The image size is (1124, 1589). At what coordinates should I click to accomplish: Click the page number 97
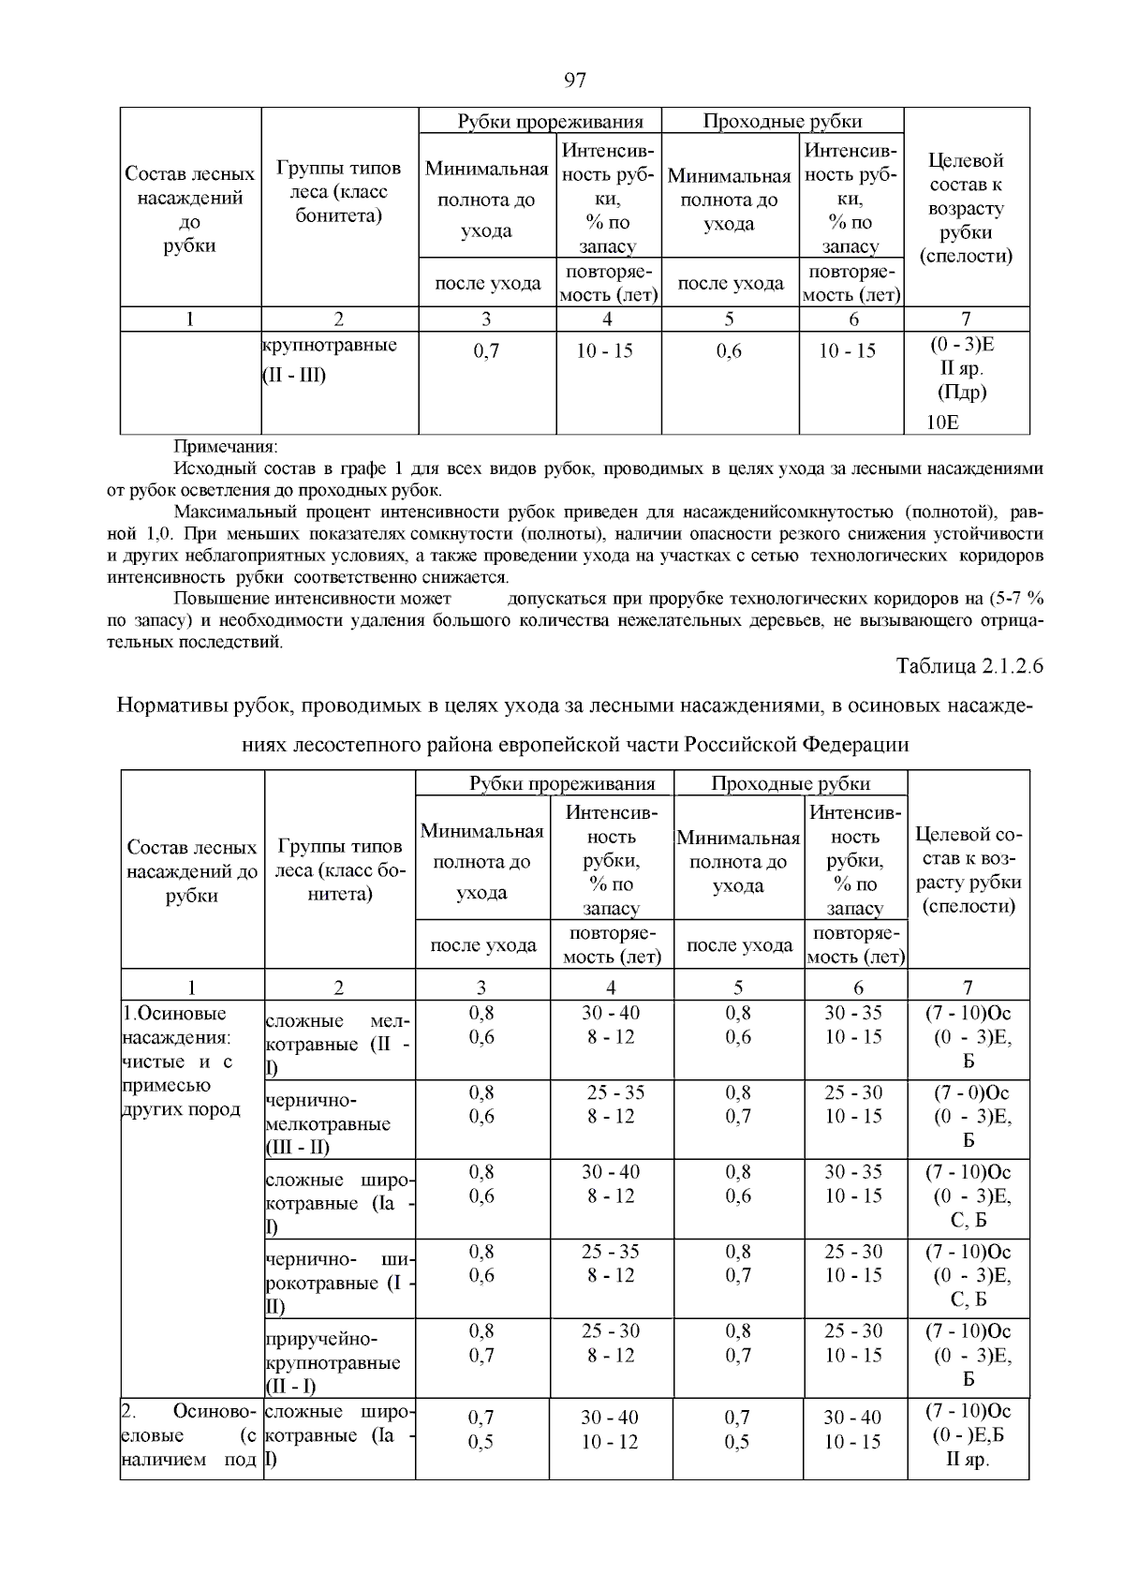(x=575, y=80)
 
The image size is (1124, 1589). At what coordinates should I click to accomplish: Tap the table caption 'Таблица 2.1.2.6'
(x=969, y=666)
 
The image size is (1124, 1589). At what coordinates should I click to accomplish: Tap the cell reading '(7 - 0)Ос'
(x=968, y=1092)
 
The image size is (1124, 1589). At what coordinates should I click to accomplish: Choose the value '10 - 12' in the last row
(x=610, y=1442)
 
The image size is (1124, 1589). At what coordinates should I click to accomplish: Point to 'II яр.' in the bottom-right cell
(x=968, y=1460)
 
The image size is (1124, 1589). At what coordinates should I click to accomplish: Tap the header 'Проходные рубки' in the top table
(x=782, y=121)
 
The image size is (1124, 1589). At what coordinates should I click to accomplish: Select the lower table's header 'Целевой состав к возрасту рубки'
(x=969, y=869)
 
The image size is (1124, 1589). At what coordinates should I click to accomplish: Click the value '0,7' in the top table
(x=486, y=351)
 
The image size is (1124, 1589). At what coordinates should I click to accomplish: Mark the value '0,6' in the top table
(x=729, y=351)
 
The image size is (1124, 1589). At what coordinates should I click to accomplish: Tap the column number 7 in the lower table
(x=968, y=987)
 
